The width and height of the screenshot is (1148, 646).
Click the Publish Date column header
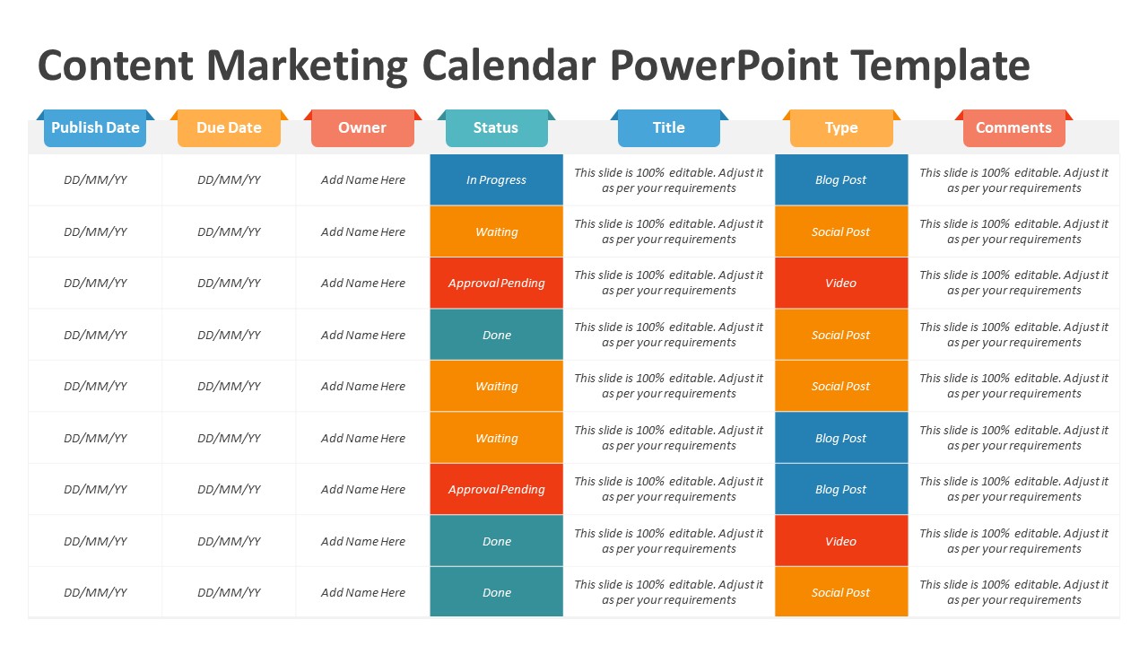pos(95,128)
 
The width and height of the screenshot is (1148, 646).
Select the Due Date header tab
pos(229,128)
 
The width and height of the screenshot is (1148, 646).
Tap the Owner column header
pos(362,128)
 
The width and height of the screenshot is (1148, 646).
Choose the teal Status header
pos(496,128)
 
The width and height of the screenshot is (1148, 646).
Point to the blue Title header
pos(668,128)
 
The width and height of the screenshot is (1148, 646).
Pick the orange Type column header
pos(841,128)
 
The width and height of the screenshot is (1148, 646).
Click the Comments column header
pos(1013,128)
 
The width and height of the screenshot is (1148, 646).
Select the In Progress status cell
pos(496,179)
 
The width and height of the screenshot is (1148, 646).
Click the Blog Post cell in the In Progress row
pos(841,179)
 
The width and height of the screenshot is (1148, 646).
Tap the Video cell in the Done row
pos(841,541)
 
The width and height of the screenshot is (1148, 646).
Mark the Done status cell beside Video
pos(496,541)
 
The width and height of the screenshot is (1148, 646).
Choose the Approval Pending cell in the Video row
pos(496,283)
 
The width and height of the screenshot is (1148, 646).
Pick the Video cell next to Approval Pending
pos(841,283)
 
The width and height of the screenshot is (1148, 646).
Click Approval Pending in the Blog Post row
pos(496,489)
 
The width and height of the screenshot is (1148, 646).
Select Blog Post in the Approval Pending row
pos(841,489)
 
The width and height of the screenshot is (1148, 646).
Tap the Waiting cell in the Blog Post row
pos(496,438)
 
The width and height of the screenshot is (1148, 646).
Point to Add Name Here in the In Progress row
pos(362,179)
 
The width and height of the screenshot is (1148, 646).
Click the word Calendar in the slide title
pos(509,66)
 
